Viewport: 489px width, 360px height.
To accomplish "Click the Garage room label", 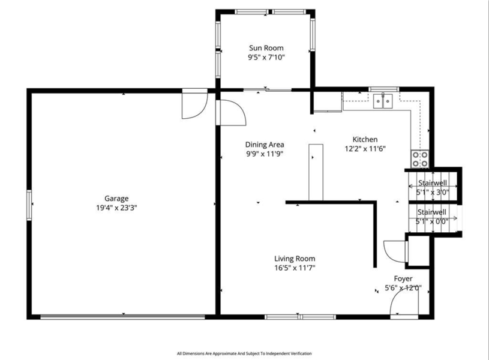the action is pyautogui.click(x=116, y=199).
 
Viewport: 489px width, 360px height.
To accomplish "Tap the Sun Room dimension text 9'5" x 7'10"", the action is pyautogui.click(x=266, y=58).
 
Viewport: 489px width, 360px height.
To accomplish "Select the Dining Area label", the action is pyautogui.click(x=265, y=145).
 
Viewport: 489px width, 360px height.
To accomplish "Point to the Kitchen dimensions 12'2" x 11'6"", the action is pyautogui.click(x=365, y=148).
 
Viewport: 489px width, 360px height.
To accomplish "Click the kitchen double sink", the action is pyautogui.click(x=383, y=100).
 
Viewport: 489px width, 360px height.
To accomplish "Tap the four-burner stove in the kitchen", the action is pyautogui.click(x=420, y=159).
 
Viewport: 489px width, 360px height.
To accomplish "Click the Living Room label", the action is pyautogui.click(x=295, y=259).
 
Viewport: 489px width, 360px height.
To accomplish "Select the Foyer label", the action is pyautogui.click(x=403, y=278).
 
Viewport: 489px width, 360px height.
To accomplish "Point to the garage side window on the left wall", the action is pyautogui.click(x=29, y=205).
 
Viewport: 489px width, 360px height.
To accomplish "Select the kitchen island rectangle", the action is pyautogui.click(x=316, y=172).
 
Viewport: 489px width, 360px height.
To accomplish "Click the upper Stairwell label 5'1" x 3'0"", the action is pyautogui.click(x=433, y=187).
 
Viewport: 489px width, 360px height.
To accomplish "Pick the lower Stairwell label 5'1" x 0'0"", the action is pyautogui.click(x=432, y=217).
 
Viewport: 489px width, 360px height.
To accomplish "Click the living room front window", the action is pyautogui.click(x=301, y=317).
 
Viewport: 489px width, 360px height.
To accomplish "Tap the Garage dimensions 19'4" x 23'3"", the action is pyautogui.click(x=116, y=208).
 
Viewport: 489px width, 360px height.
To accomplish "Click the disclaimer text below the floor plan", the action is pyautogui.click(x=244, y=353).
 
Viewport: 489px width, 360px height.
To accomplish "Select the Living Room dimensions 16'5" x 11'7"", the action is pyautogui.click(x=295, y=268).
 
